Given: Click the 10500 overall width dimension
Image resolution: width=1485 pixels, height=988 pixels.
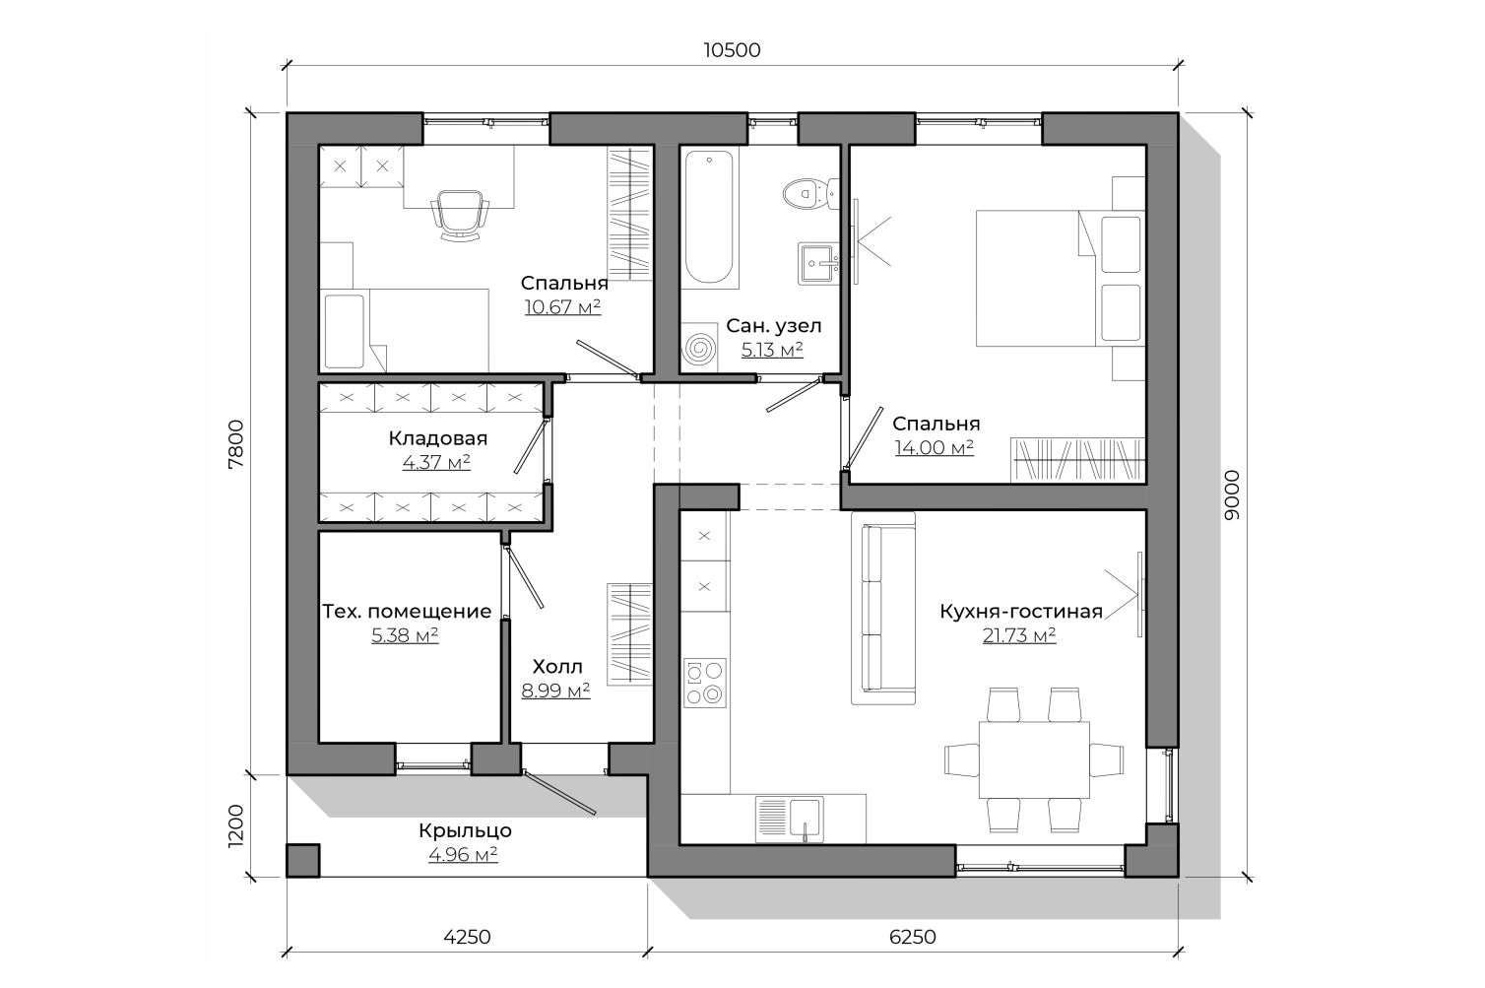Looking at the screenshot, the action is pyautogui.click(x=732, y=50).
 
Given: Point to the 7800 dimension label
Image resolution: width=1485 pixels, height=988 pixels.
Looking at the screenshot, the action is pyautogui.click(x=236, y=444).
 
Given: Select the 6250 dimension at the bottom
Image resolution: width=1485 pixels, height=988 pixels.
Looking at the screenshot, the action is pyautogui.click(x=912, y=937).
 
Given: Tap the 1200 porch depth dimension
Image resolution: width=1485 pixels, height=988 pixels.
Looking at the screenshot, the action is pyautogui.click(x=236, y=825).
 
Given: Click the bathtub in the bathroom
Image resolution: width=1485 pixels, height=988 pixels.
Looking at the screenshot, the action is pyautogui.click(x=709, y=217).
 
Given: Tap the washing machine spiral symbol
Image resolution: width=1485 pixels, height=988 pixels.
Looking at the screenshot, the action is pyautogui.click(x=700, y=347).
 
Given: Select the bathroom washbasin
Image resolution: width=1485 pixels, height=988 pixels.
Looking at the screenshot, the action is pyautogui.click(x=818, y=263).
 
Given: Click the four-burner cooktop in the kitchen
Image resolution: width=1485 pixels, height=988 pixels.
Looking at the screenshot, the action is pyautogui.click(x=705, y=683).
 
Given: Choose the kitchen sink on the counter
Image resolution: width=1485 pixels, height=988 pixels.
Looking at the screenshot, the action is pyautogui.click(x=790, y=820).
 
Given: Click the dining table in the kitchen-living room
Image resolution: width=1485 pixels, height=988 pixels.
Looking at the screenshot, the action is pyautogui.click(x=1034, y=759).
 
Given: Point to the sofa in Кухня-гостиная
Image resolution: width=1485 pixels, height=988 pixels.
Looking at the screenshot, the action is pyautogui.click(x=883, y=608).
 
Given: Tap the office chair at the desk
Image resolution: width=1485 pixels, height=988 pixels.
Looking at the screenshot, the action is pyautogui.click(x=460, y=216).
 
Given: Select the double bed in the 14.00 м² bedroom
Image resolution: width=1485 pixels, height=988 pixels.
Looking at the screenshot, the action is pyautogui.click(x=1060, y=279).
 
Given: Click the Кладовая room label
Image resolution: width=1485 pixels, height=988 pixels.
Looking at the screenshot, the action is pyautogui.click(x=437, y=438).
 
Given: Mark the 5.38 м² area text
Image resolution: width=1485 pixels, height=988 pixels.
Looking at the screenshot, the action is pyautogui.click(x=405, y=635).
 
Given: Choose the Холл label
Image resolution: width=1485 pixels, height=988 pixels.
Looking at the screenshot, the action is pyautogui.click(x=557, y=667).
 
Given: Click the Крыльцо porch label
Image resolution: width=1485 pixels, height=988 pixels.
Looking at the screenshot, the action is pyautogui.click(x=465, y=830).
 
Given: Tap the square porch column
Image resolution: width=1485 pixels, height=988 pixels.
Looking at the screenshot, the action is pyautogui.click(x=303, y=861).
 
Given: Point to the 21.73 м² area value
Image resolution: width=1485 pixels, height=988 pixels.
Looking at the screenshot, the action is pyautogui.click(x=1019, y=635).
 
